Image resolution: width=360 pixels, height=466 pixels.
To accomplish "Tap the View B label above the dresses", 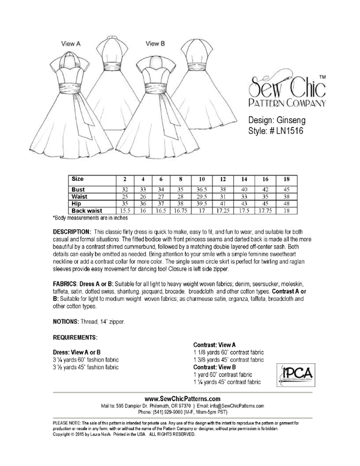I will pos(154,43).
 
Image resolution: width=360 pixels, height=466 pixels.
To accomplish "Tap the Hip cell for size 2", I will pos(125,204).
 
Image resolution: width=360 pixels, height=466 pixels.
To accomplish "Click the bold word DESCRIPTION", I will pos(71,231).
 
